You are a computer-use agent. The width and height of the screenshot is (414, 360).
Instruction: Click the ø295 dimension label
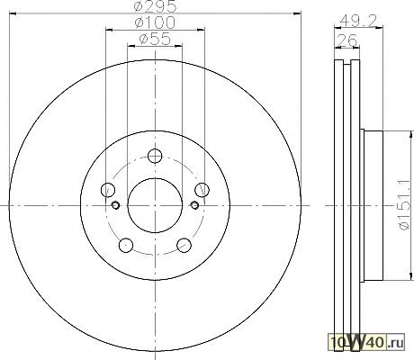click(155, 6)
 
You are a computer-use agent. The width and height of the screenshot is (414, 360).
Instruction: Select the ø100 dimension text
click(155, 22)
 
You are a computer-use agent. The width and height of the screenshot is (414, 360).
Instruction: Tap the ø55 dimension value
click(155, 39)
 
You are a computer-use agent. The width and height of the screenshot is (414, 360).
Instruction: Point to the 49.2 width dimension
click(359, 21)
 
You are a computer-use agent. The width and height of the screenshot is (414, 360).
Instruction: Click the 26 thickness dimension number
click(347, 40)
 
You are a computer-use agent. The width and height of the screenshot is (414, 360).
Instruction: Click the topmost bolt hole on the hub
click(155, 156)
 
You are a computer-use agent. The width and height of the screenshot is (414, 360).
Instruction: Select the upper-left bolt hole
click(108, 190)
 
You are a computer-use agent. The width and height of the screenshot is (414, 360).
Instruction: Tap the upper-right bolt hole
click(202, 190)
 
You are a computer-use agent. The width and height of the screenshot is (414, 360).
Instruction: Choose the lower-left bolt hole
click(126, 245)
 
